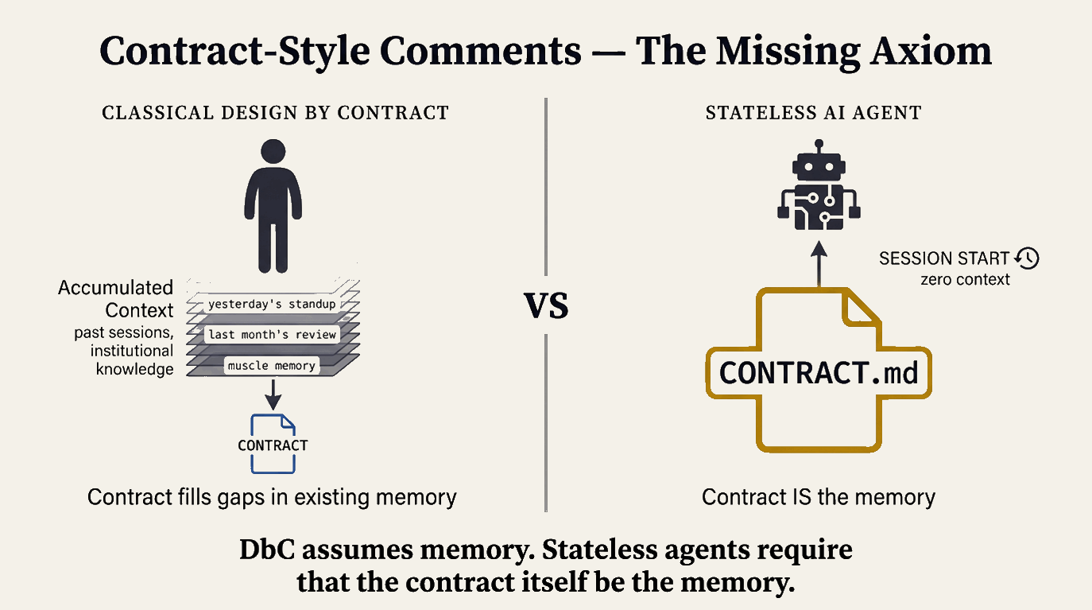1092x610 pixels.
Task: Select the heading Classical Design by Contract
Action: pos(275,113)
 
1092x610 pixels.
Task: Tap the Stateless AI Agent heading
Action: pos(813,113)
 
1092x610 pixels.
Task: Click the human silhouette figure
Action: pos(273,207)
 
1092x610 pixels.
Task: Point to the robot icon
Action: pos(819,188)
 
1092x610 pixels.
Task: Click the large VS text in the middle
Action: pos(547,306)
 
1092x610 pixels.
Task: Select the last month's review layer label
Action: pos(272,334)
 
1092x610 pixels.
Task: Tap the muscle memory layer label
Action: pos(272,366)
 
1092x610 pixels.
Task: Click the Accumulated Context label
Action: pos(115,298)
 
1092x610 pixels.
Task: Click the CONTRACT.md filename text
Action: pos(819,372)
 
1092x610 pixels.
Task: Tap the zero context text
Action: pos(965,279)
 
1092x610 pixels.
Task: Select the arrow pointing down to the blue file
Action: pos(273,392)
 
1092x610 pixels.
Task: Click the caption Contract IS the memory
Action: pos(819,498)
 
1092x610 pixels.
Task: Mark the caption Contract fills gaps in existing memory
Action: pos(272,498)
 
